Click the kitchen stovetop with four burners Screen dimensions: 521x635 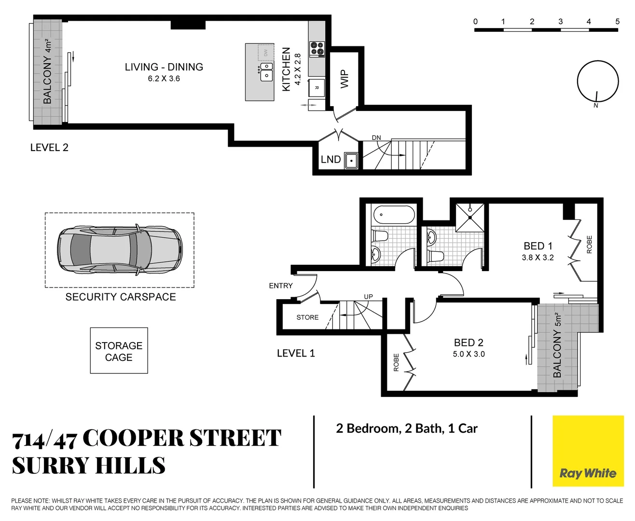pyautogui.click(x=317, y=49)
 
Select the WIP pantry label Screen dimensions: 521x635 pyautogui.click(x=344, y=79)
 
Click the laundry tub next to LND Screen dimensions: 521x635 pyautogui.click(x=351, y=161)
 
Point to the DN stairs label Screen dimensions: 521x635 pyautogui.click(x=376, y=138)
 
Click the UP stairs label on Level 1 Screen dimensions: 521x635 pyautogui.click(x=368, y=297)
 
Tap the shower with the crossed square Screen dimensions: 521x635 pyautogui.click(x=470, y=217)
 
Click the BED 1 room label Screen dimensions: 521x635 pyautogui.click(x=538, y=246)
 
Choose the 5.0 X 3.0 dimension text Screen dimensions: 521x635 pyautogui.click(x=469, y=354)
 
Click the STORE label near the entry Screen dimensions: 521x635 pyautogui.click(x=307, y=317)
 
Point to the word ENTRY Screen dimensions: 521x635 pyautogui.click(x=281, y=286)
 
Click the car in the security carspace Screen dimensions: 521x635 pyautogui.click(x=120, y=250)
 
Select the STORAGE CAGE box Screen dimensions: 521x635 pyautogui.click(x=119, y=351)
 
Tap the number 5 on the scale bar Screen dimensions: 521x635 pyautogui.click(x=617, y=21)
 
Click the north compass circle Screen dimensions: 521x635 pyautogui.click(x=597, y=81)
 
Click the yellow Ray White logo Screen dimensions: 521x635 pyautogui.click(x=588, y=451)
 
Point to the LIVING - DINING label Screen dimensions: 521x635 pyautogui.click(x=164, y=67)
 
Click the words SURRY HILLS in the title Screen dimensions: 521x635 pyautogui.click(x=89, y=466)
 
